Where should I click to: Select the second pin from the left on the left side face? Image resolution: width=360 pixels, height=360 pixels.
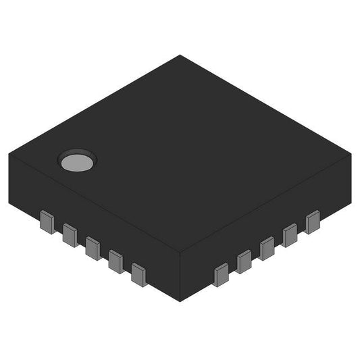tap(70, 234)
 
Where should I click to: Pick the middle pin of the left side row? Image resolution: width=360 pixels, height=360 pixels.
tap(93, 247)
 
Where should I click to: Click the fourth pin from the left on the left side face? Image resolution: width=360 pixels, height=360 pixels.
tap(115, 260)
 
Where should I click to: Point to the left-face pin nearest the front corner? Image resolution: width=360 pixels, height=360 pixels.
tap(139, 274)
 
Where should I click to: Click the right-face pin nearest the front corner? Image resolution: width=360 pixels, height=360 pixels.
tap(221, 275)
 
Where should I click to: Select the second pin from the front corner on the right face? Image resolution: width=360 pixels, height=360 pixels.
tap(244, 261)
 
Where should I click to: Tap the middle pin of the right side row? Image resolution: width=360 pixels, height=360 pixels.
tap(267, 248)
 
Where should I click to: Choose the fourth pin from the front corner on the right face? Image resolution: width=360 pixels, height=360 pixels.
tap(290, 235)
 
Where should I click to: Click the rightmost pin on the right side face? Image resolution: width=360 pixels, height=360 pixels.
tap(312, 222)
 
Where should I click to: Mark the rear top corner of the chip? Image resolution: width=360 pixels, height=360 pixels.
tap(180, 55)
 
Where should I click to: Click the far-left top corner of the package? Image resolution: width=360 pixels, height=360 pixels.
tap(9, 153)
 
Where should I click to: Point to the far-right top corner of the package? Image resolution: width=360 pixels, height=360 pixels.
tap(352, 154)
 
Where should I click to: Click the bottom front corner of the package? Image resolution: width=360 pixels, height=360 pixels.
tap(180, 301)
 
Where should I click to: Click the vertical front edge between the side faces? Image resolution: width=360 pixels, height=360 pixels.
tap(180, 277)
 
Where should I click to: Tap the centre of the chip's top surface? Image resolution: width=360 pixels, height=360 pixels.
tap(180, 154)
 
